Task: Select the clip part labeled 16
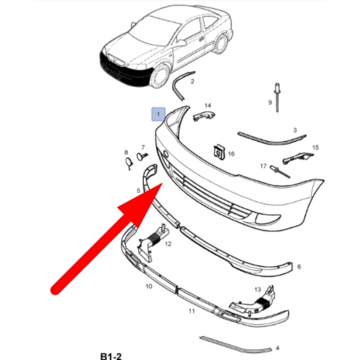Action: [218, 153]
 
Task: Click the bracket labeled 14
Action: [203, 116]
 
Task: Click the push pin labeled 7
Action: [141, 157]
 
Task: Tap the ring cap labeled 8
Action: [129, 162]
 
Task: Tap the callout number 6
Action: [299, 267]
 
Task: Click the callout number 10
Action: [149, 286]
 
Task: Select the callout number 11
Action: [192, 311]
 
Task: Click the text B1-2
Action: [111, 356]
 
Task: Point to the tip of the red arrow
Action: [163, 184]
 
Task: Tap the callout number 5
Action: [138, 190]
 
